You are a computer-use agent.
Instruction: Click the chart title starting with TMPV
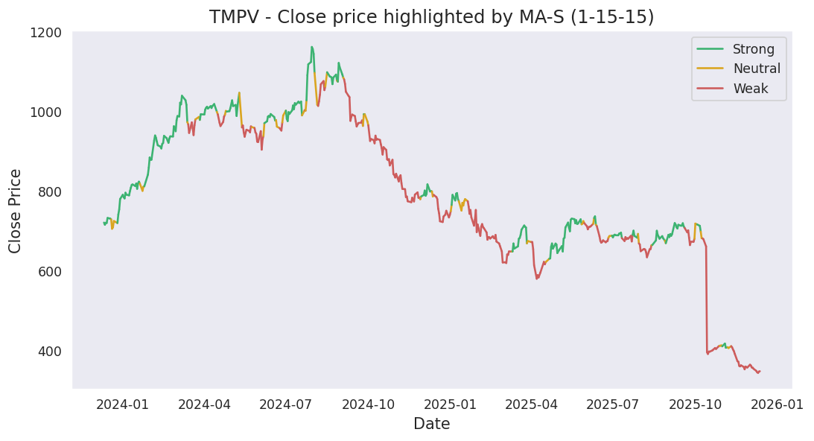pyautogui.click(x=431, y=17)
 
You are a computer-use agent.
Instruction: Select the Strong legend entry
pyautogui.click(x=753, y=50)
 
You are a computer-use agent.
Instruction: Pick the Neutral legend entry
pyautogui.click(x=756, y=69)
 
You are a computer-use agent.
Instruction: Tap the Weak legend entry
pyautogui.click(x=751, y=89)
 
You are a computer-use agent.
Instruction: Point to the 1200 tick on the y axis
pyautogui.click(x=46, y=33)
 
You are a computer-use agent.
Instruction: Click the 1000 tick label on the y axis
pyautogui.click(x=46, y=112)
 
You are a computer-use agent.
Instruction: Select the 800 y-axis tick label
pyautogui.click(x=50, y=192)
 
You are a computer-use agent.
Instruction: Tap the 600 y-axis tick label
pyautogui.click(x=50, y=272)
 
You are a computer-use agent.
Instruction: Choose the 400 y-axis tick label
pyautogui.click(x=50, y=352)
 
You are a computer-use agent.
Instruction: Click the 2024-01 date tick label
pyautogui.click(x=123, y=404)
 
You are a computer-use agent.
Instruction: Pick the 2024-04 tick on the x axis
pyautogui.click(x=205, y=404)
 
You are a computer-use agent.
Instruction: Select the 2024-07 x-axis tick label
pyautogui.click(x=287, y=404)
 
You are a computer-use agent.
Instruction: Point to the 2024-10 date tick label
pyautogui.click(x=369, y=404)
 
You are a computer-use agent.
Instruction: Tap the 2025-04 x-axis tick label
pyautogui.click(x=532, y=404)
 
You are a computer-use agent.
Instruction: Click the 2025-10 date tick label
pyautogui.click(x=696, y=404)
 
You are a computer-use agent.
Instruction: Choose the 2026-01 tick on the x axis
pyautogui.click(x=779, y=404)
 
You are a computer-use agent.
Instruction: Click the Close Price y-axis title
pyautogui.click(x=16, y=210)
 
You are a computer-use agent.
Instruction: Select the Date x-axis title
pyautogui.click(x=431, y=425)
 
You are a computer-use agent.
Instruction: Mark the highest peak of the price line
pyautogui.click(x=311, y=47)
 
